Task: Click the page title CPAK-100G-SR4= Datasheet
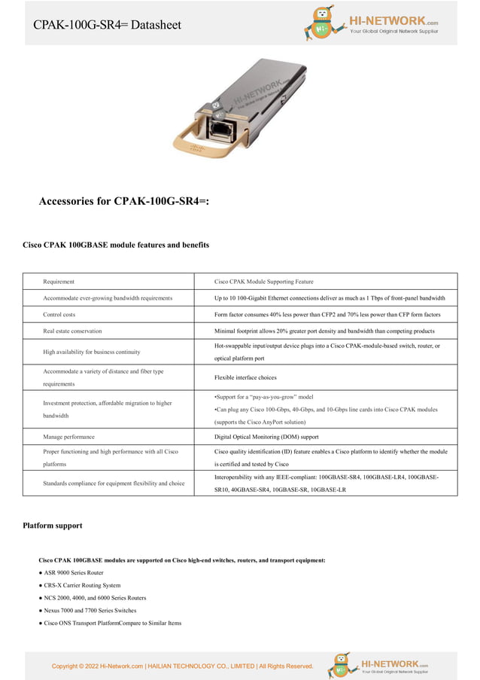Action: click(107, 25)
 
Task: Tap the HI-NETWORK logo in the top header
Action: click(371, 24)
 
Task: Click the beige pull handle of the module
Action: click(197, 147)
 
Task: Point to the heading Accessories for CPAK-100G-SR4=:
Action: click(123, 201)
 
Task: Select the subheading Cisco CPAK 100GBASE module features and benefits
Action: click(116, 245)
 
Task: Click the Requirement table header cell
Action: click(59, 282)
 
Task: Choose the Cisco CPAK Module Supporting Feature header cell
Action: click(263, 282)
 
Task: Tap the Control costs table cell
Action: click(59, 314)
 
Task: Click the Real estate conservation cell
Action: click(72, 331)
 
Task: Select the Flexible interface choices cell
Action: click(245, 377)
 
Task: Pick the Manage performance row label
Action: click(68, 437)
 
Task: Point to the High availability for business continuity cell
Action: click(91, 352)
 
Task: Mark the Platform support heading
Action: click(53, 526)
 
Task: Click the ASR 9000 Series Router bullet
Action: click(74, 572)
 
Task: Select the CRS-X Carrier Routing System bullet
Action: click(82, 585)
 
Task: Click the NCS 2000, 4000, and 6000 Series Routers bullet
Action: click(95, 598)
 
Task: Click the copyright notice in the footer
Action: click(182, 666)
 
